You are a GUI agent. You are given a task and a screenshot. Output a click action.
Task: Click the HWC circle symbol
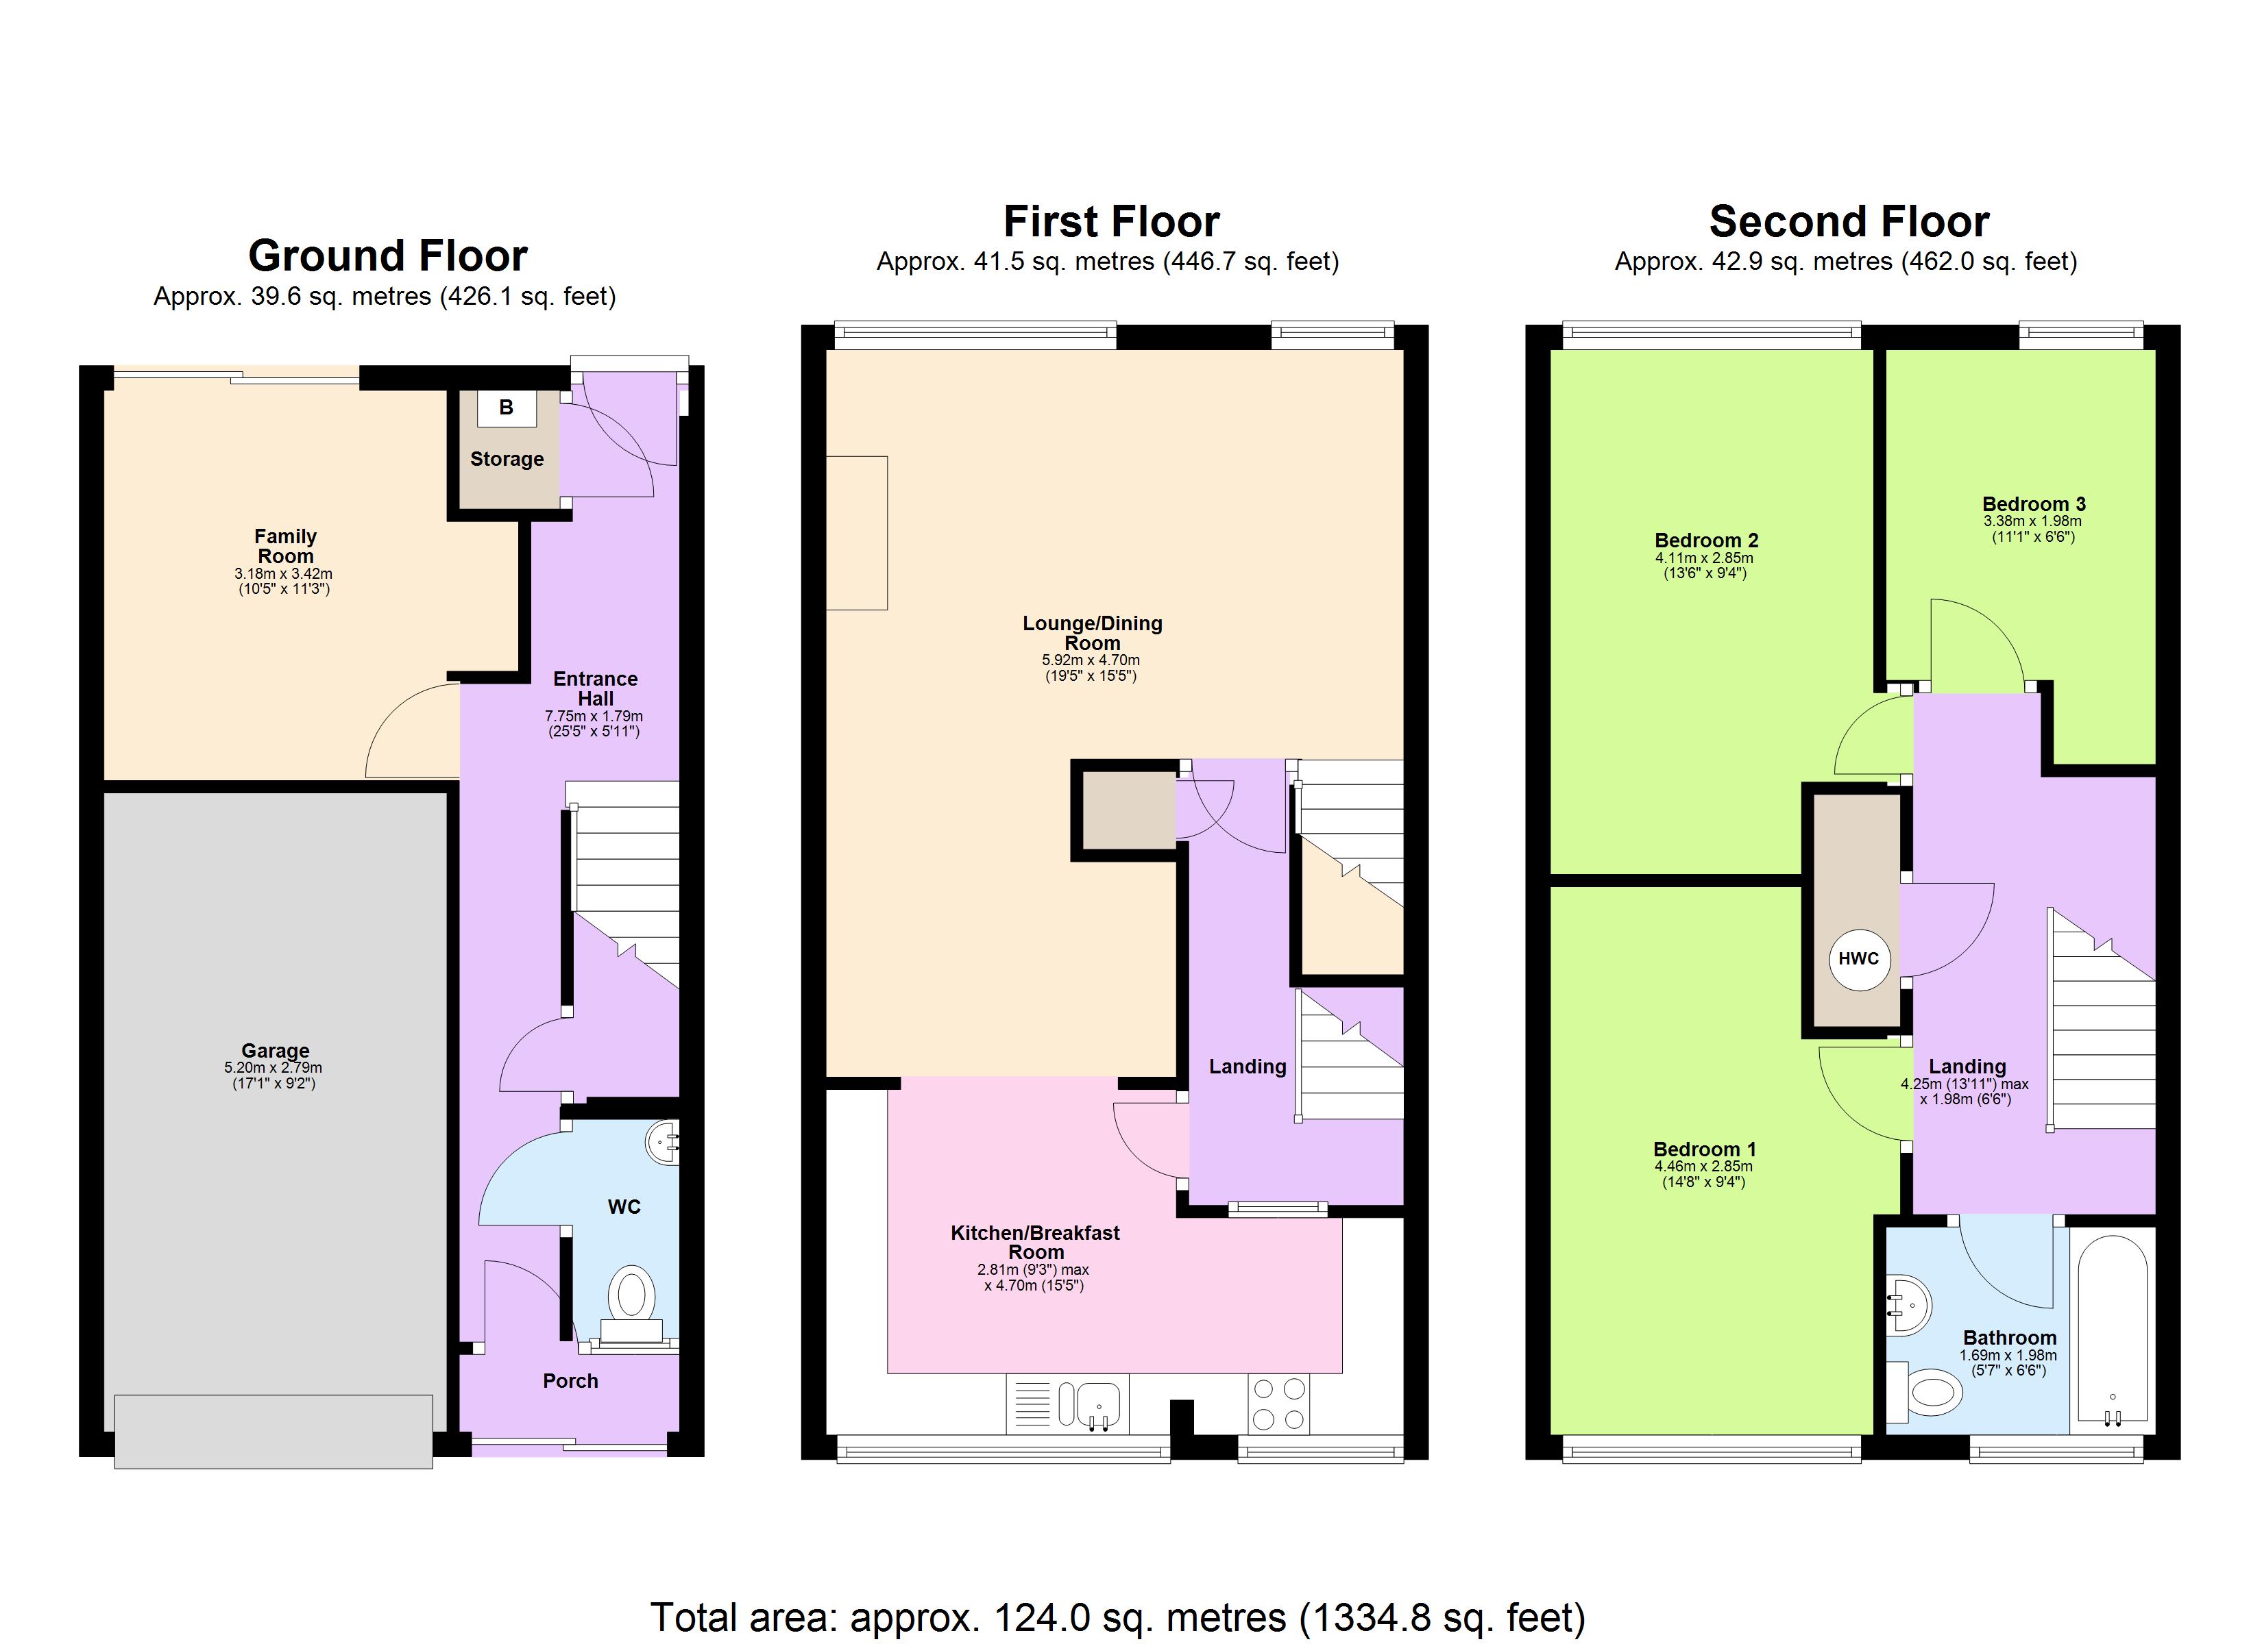pos(1858,959)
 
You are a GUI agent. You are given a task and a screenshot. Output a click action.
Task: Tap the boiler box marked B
pos(507,408)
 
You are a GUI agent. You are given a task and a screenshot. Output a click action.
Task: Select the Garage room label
pos(276,1051)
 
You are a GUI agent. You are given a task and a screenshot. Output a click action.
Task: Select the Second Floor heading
pos(1849,221)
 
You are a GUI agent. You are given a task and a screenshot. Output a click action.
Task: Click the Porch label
pos(570,1382)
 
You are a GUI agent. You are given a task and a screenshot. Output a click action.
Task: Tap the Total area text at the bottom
pos(1117,1617)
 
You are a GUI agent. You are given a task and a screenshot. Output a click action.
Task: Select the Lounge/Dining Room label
pos(1092,633)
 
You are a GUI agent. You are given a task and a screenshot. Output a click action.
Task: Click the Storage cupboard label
pos(507,460)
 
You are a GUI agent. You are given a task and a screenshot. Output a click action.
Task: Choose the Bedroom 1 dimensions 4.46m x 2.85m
pos(1703,1167)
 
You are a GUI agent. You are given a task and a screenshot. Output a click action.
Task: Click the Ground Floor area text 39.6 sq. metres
pos(384,297)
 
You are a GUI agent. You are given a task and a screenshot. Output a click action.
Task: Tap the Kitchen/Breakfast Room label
pos(1035,1242)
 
